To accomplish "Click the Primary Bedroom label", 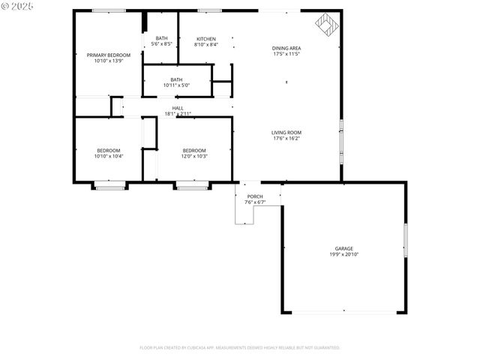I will [109, 55].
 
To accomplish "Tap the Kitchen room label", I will [206, 39].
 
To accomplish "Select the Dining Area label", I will [286, 49].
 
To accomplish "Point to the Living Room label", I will [286, 133].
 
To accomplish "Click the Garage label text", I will [344, 248].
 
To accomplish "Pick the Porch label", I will [255, 197].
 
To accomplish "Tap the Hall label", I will [178, 108].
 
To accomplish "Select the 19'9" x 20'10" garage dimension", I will [344, 254].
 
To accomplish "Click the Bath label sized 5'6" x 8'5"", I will [161, 38].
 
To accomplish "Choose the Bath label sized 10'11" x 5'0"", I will [176, 79].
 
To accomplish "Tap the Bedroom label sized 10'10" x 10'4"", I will [109, 151].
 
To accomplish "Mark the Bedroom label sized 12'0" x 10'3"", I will [193, 151].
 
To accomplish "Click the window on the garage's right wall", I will [406, 240].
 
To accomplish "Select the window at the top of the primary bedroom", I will [109, 10].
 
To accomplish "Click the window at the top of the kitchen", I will [209, 10].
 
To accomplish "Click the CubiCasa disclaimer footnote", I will [240, 347].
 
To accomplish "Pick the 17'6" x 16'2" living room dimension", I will [286, 139].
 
